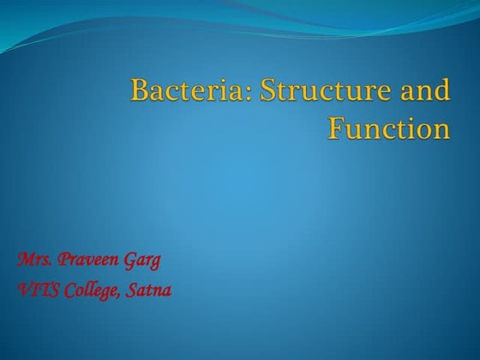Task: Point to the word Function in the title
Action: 388,129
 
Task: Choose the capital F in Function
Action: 336,129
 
